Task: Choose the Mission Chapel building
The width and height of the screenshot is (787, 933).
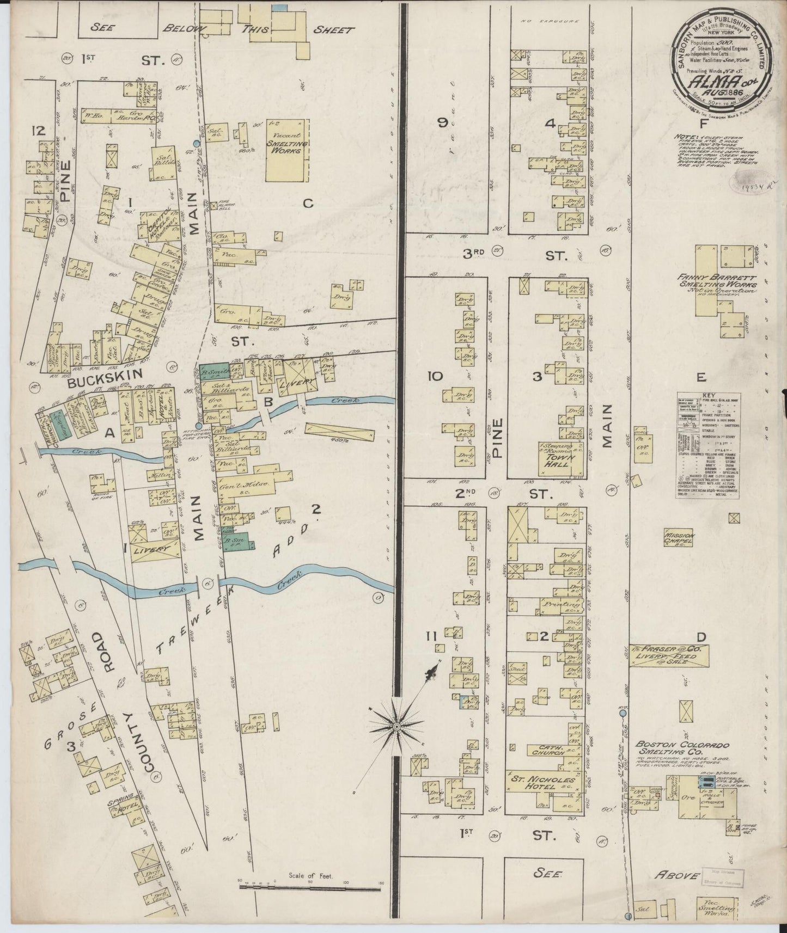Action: pyautogui.click(x=678, y=538)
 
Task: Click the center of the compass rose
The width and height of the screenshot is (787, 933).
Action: pyautogui.click(x=397, y=726)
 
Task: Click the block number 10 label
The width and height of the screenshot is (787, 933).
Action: pyautogui.click(x=436, y=376)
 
